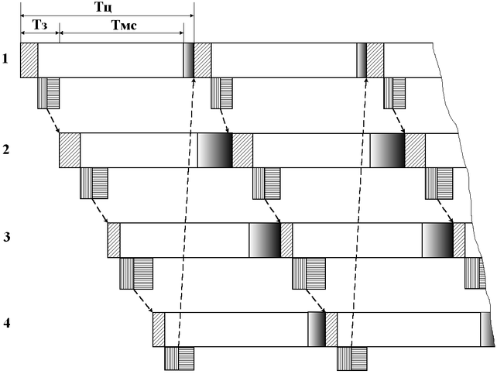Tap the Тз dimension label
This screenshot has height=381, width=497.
[40, 25]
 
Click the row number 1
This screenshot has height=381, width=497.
[5, 58]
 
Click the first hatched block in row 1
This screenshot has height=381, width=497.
[29, 60]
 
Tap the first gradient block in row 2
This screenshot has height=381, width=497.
[214, 150]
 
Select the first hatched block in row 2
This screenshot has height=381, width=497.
[70, 150]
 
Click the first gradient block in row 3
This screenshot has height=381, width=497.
[264, 240]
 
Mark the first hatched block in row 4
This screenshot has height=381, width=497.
[159, 329]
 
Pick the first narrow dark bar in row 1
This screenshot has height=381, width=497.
[188, 60]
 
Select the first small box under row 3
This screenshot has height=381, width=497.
[137, 273]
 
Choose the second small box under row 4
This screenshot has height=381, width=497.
[351, 358]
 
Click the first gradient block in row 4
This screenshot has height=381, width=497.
[316, 329]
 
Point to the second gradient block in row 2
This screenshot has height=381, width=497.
[387, 150]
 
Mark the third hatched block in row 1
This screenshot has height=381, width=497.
[375, 60]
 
